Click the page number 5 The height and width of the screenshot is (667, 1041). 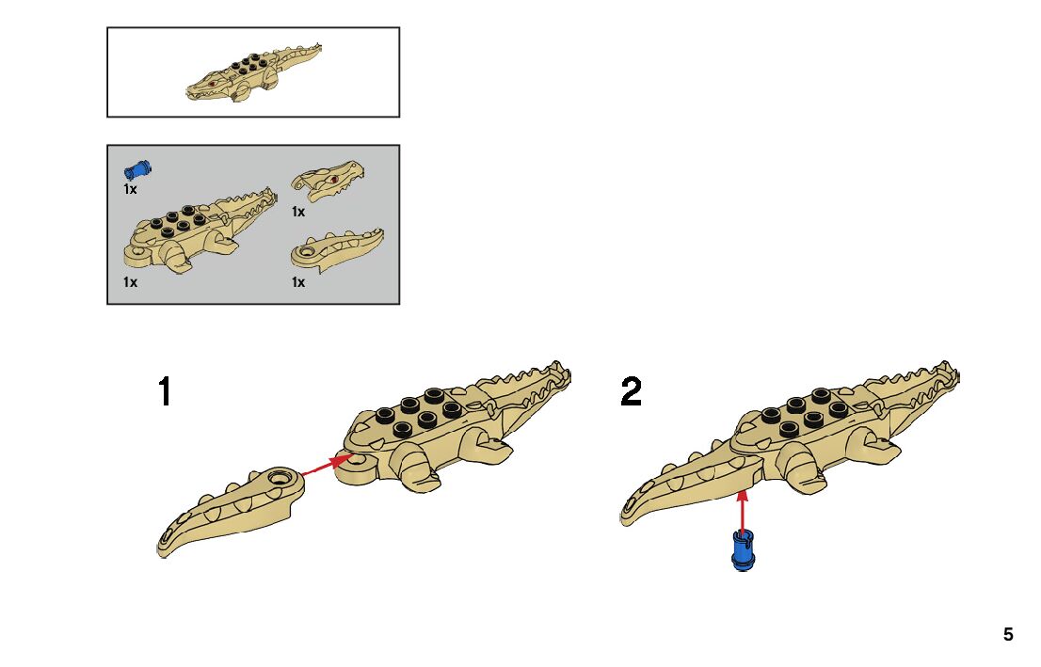[1008, 635]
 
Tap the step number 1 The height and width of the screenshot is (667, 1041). [166, 392]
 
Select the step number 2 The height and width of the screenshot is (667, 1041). [632, 392]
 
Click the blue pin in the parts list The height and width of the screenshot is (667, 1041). [138, 170]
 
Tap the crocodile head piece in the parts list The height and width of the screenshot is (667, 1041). [327, 180]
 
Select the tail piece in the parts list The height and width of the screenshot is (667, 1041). [336, 251]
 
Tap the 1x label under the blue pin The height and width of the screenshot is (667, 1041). [130, 189]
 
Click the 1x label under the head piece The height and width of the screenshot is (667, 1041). [298, 213]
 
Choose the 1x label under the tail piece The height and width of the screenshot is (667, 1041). [298, 282]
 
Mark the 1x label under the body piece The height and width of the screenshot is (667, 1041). [130, 282]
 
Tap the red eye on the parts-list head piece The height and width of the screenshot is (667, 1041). [334, 179]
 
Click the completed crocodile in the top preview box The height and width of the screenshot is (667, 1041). [252, 72]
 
